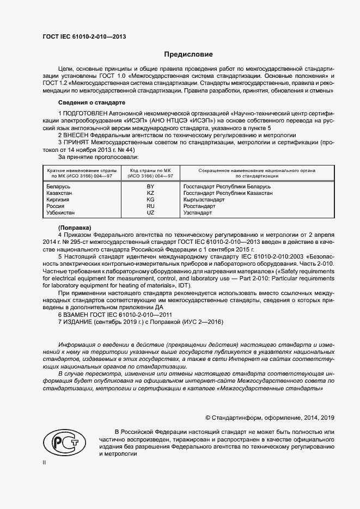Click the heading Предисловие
[x=188, y=54]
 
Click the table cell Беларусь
[x=59, y=187]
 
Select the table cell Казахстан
[x=60, y=193]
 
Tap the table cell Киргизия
[x=59, y=200]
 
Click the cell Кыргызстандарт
[x=204, y=200]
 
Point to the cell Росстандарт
[x=200, y=206]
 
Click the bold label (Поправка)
[x=74, y=226]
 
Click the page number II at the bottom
[x=45, y=462]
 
